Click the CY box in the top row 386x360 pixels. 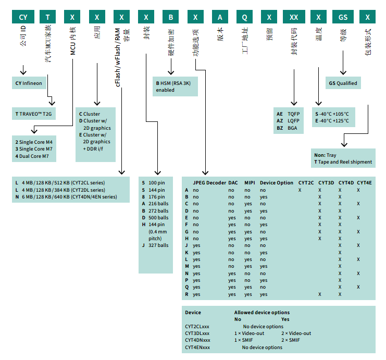click(23, 17)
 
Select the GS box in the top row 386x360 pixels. click(343, 17)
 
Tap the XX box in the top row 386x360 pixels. click(294, 17)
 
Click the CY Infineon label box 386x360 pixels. click(33, 83)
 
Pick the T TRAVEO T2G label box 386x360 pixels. click(34, 113)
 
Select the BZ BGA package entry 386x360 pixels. click(287, 127)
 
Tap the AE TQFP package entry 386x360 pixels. click(288, 114)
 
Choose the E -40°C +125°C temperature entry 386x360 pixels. click(332, 121)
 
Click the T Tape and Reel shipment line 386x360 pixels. click(343, 162)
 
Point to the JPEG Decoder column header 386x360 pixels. click(209, 183)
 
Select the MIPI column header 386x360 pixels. click(250, 183)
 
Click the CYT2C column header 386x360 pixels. click(306, 183)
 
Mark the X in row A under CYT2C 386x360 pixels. click(300, 190)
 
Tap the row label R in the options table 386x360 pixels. click(186, 294)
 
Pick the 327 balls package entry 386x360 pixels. click(155, 245)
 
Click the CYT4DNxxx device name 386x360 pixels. click(197, 340)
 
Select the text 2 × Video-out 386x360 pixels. click(296, 333)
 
